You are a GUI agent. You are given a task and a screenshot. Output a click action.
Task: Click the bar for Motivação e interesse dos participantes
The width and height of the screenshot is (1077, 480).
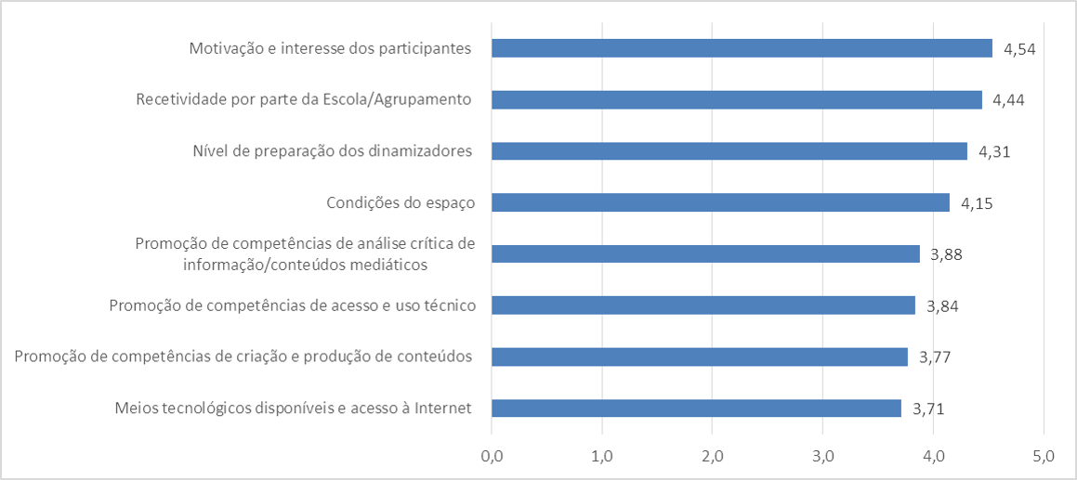pos(742,48)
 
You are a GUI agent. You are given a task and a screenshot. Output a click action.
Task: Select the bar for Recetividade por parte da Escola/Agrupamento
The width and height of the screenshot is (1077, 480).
pos(736,99)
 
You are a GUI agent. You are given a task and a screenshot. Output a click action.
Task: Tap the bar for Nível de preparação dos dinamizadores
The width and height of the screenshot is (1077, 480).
pos(729,151)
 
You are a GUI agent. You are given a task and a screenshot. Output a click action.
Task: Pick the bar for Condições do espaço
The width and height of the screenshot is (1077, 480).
pos(720,202)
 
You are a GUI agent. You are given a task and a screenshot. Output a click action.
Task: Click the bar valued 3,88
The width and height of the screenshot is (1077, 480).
pos(705,253)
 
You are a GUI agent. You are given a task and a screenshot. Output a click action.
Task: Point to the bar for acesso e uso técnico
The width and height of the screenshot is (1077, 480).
pos(703,305)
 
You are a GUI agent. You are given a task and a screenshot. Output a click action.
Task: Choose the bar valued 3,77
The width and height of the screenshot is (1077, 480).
pos(699,357)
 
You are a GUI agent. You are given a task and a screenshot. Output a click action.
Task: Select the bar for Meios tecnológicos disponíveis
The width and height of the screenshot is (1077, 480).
pos(696,409)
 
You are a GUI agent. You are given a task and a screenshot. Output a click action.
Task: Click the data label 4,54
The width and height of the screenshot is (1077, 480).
pos(1019,48)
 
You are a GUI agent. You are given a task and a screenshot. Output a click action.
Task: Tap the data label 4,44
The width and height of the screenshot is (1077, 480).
pos(1008,99)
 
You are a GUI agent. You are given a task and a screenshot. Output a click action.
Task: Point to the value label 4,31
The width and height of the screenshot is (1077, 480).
pos(993,151)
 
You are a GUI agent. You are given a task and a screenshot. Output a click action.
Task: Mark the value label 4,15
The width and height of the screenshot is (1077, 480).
pos(977,202)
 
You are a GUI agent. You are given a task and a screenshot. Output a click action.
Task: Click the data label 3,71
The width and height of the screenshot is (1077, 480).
pos(928,409)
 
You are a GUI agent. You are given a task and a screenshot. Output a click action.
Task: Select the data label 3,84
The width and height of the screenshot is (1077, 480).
pos(941,305)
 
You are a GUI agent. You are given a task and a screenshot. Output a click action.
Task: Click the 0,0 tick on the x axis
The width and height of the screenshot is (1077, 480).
pos(492,456)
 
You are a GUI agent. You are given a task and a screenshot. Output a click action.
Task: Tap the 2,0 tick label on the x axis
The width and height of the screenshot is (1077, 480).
pos(713,456)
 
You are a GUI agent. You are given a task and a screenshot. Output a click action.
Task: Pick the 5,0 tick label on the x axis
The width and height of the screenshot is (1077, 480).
pos(1044,456)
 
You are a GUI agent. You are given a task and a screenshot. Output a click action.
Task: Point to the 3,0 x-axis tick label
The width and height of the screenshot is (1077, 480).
pos(822,456)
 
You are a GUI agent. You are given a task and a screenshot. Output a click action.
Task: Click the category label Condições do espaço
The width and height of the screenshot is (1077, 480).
pos(401,202)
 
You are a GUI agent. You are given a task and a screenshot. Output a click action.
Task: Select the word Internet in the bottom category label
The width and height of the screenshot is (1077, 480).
pos(442,408)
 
